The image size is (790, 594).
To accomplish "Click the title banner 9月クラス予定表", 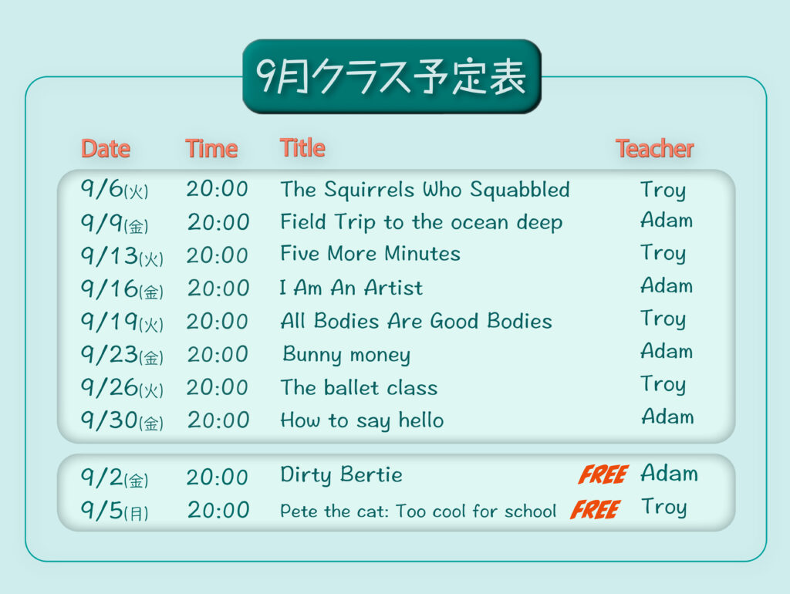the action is [x=392, y=76].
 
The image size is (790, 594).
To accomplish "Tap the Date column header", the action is [x=106, y=149].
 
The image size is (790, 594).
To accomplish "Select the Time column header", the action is [x=211, y=149].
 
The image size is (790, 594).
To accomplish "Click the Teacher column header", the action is [x=654, y=149].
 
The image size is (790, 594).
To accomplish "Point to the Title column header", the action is [x=302, y=148].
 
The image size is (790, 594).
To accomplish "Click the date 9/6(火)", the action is [x=114, y=190].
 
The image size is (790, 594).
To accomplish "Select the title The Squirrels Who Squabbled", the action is [x=425, y=190].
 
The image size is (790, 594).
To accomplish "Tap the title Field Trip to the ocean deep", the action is [x=421, y=223].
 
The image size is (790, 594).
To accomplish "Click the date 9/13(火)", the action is [x=122, y=255].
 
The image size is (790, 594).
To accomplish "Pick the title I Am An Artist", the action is [x=351, y=288].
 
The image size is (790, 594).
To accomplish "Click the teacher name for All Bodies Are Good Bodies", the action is [x=663, y=319].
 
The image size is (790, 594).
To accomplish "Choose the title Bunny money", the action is [x=346, y=355].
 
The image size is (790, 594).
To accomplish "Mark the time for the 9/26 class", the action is [x=217, y=387].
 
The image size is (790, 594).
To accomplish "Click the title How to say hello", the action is [x=362, y=420].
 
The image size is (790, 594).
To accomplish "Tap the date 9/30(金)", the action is [x=122, y=420].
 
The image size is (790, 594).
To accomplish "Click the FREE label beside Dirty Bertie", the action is [x=603, y=474].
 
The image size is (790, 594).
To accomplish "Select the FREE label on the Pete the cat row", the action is [x=595, y=509].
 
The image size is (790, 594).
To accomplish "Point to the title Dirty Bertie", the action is [x=341, y=475].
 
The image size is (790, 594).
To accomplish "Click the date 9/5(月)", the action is [x=114, y=511].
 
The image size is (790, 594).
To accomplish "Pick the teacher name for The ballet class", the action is [x=663, y=384].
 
